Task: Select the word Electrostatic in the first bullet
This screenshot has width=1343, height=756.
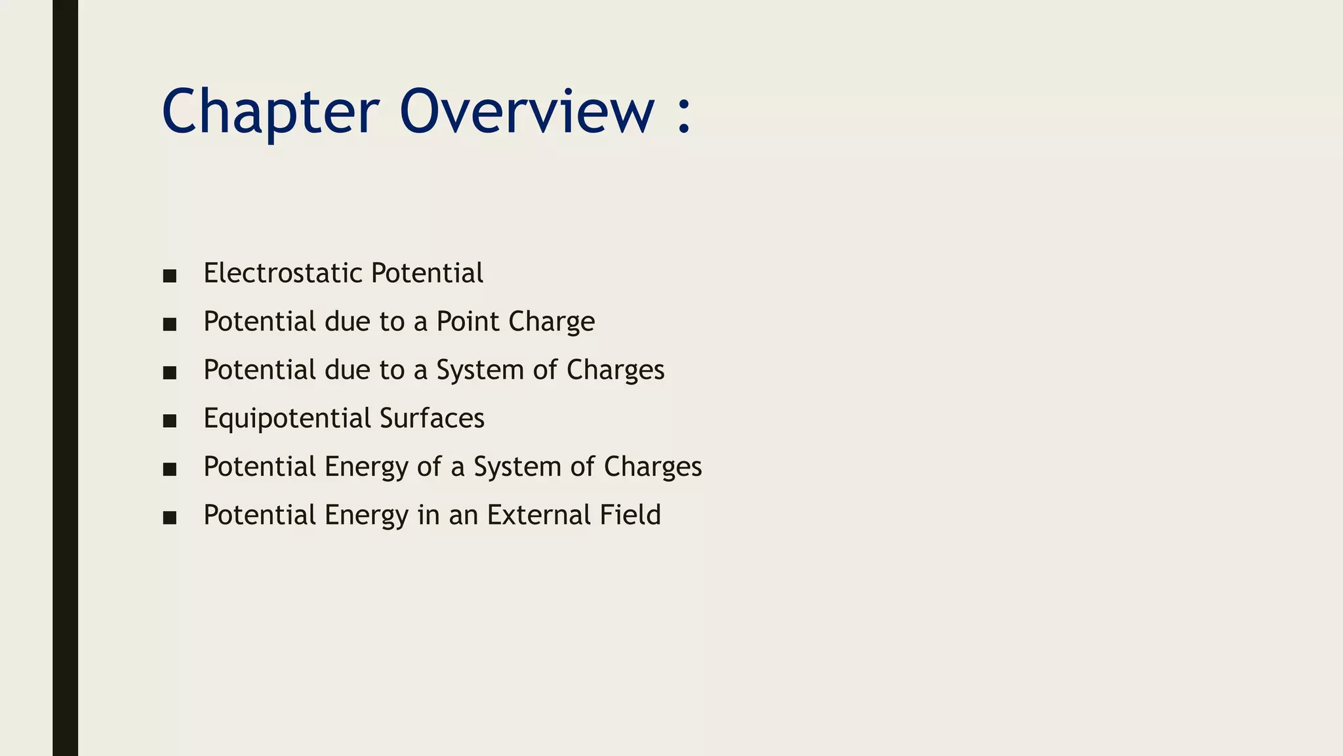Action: pyautogui.click(x=283, y=273)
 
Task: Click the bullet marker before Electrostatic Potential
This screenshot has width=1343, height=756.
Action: pyautogui.click(x=170, y=276)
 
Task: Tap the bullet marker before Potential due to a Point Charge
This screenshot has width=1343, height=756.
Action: pyautogui.click(x=170, y=324)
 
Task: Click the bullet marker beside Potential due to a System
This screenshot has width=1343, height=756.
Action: pyautogui.click(x=170, y=373)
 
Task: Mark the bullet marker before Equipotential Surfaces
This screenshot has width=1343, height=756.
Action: pyautogui.click(x=170, y=421)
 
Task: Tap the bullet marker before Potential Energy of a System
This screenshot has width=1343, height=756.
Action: pyautogui.click(x=170, y=469)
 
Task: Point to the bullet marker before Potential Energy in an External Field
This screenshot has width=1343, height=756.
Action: pyautogui.click(x=170, y=518)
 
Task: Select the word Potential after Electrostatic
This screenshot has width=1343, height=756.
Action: pyautogui.click(x=426, y=273)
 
